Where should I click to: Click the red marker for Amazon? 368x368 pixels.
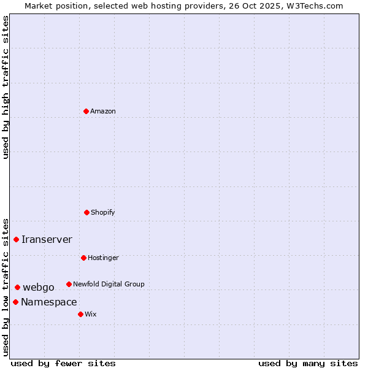[86, 111]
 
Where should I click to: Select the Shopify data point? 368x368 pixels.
[86, 212]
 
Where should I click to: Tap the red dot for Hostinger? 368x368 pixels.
[83, 258]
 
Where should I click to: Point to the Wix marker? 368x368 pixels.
[80, 314]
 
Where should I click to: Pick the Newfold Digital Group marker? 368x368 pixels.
[69, 284]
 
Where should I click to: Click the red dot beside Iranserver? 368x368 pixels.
[17, 239]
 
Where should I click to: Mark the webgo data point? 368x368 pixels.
[17, 287]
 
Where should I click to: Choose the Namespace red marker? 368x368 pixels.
[15, 302]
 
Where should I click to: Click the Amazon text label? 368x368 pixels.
[103, 111]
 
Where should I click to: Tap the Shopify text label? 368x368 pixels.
[103, 212]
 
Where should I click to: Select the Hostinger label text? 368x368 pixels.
[103, 258]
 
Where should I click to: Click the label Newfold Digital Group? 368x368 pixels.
[109, 284]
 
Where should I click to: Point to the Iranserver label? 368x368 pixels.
[47, 239]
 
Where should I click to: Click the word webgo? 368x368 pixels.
[39, 287]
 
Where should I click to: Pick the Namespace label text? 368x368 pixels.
[49, 302]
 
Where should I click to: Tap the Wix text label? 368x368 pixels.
[91, 314]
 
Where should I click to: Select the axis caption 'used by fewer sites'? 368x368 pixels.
[63, 363]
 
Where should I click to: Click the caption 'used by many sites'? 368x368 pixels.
[308, 363]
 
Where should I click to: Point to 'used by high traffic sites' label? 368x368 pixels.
[6, 87]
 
